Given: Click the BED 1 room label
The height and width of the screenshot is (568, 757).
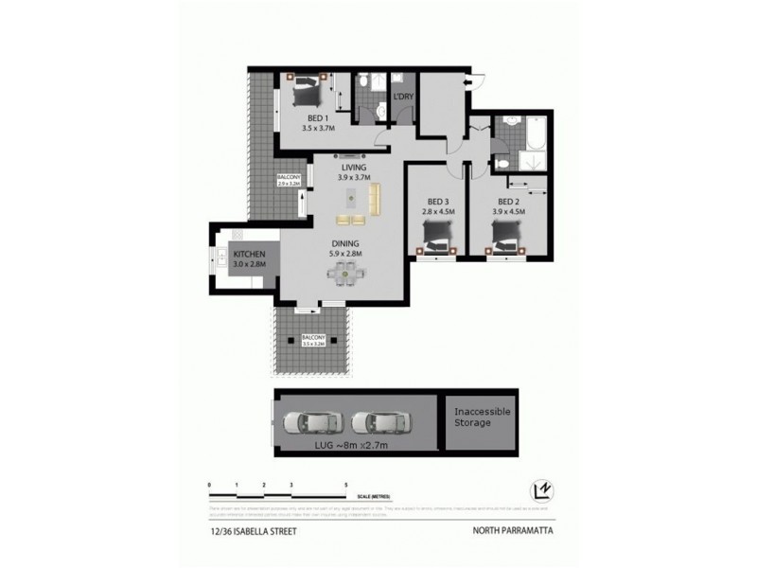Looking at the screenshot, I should [x=306, y=118].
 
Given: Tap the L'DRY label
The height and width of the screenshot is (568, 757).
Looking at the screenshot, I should [x=404, y=98].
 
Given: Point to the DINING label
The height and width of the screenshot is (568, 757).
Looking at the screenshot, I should [x=343, y=243].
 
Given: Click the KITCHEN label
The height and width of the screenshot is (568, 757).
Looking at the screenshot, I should [x=250, y=256].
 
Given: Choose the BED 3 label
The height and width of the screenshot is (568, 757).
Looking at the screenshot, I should [x=436, y=202].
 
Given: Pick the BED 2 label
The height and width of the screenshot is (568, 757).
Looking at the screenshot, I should [x=508, y=202].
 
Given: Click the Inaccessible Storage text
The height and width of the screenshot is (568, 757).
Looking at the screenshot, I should [x=483, y=417].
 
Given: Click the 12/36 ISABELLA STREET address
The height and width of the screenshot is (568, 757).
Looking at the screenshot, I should [x=252, y=531].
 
